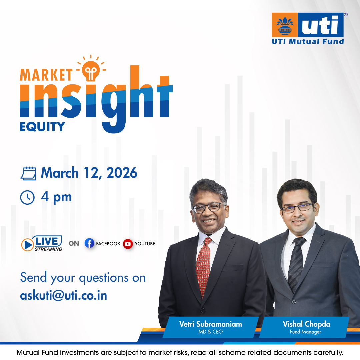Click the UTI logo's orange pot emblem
pyautogui.click(x=285, y=25)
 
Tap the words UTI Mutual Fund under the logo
pyautogui.click(x=308, y=42)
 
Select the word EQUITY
pyautogui.click(x=42, y=126)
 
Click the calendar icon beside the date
pyautogui.click(x=28, y=173)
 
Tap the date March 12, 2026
pyautogui.click(x=89, y=173)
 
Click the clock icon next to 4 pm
pyautogui.click(x=27, y=197)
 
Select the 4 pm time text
pyautogui.click(x=56, y=197)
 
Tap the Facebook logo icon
pyautogui.click(x=89, y=244)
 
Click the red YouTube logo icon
pyautogui.click(x=128, y=244)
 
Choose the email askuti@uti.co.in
pyautogui.click(x=64, y=295)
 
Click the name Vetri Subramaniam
pyautogui.click(x=210, y=324)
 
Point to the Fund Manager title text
pyautogui.click(x=305, y=332)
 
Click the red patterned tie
pyautogui.click(x=203, y=267)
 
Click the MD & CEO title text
pyautogui.click(x=210, y=332)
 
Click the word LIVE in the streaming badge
pyautogui.click(x=48, y=241)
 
